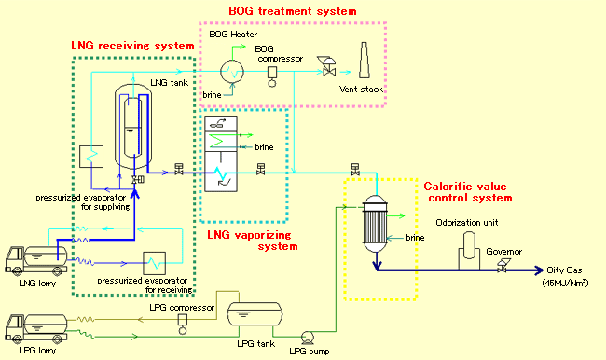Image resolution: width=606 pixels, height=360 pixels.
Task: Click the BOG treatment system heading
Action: [x=293, y=11]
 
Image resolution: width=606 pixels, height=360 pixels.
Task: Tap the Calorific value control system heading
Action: [x=468, y=191]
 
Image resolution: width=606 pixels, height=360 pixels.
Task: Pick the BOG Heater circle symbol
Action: [x=227, y=68]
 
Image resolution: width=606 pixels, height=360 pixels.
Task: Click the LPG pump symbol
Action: [x=307, y=339]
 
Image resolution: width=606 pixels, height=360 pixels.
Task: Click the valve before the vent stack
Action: [x=329, y=64]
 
